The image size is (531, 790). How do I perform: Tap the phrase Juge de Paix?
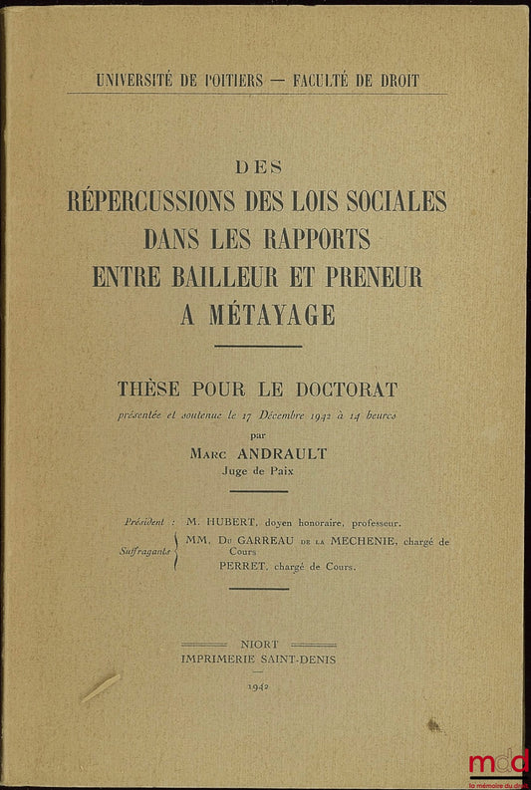pyautogui.click(x=258, y=472)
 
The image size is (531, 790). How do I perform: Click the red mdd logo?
pyautogui.click(x=499, y=761)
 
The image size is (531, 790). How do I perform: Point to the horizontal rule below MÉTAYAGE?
pyautogui.click(x=258, y=346)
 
